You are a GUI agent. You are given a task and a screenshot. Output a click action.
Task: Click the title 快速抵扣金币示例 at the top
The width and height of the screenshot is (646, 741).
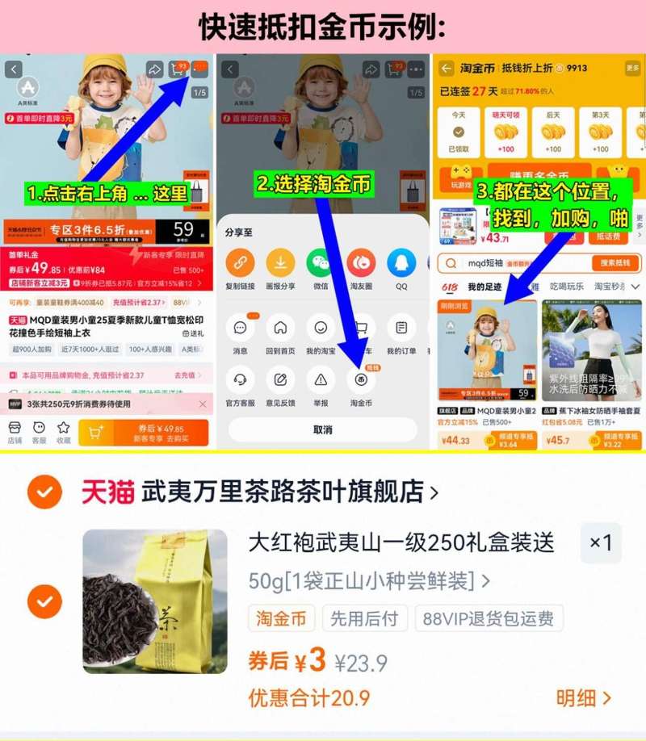coord(322,27)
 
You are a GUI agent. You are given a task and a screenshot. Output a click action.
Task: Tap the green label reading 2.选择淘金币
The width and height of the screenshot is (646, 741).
coord(314,184)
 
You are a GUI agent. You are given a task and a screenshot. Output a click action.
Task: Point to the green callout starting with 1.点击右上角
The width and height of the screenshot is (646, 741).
coord(106,194)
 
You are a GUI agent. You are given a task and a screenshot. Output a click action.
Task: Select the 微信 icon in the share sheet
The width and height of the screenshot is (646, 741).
coord(320,263)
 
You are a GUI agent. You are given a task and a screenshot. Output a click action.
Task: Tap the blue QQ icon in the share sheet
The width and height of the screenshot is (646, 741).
coord(401,263)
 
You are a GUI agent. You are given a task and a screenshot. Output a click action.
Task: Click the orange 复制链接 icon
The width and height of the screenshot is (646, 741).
coord(240,263)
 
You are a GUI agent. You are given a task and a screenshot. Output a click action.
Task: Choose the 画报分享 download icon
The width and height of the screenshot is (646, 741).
coord(280,263)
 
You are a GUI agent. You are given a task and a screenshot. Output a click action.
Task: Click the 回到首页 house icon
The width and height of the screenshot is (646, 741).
coord(280,329)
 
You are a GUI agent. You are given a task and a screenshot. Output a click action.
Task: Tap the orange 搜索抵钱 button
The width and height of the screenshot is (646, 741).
coord(615,263)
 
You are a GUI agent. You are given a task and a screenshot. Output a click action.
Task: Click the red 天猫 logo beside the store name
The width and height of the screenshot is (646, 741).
coord(107,492)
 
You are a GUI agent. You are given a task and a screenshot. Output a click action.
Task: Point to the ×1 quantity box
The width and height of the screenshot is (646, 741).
coord(601,542)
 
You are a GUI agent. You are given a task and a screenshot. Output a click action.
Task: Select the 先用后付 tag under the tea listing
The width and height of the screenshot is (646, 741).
coord(366,619)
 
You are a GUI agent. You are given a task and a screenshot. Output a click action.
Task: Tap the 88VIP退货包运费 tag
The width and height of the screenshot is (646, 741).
coord(489,619)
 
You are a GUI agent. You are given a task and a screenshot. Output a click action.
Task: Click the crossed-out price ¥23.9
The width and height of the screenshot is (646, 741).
coord(361,664)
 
